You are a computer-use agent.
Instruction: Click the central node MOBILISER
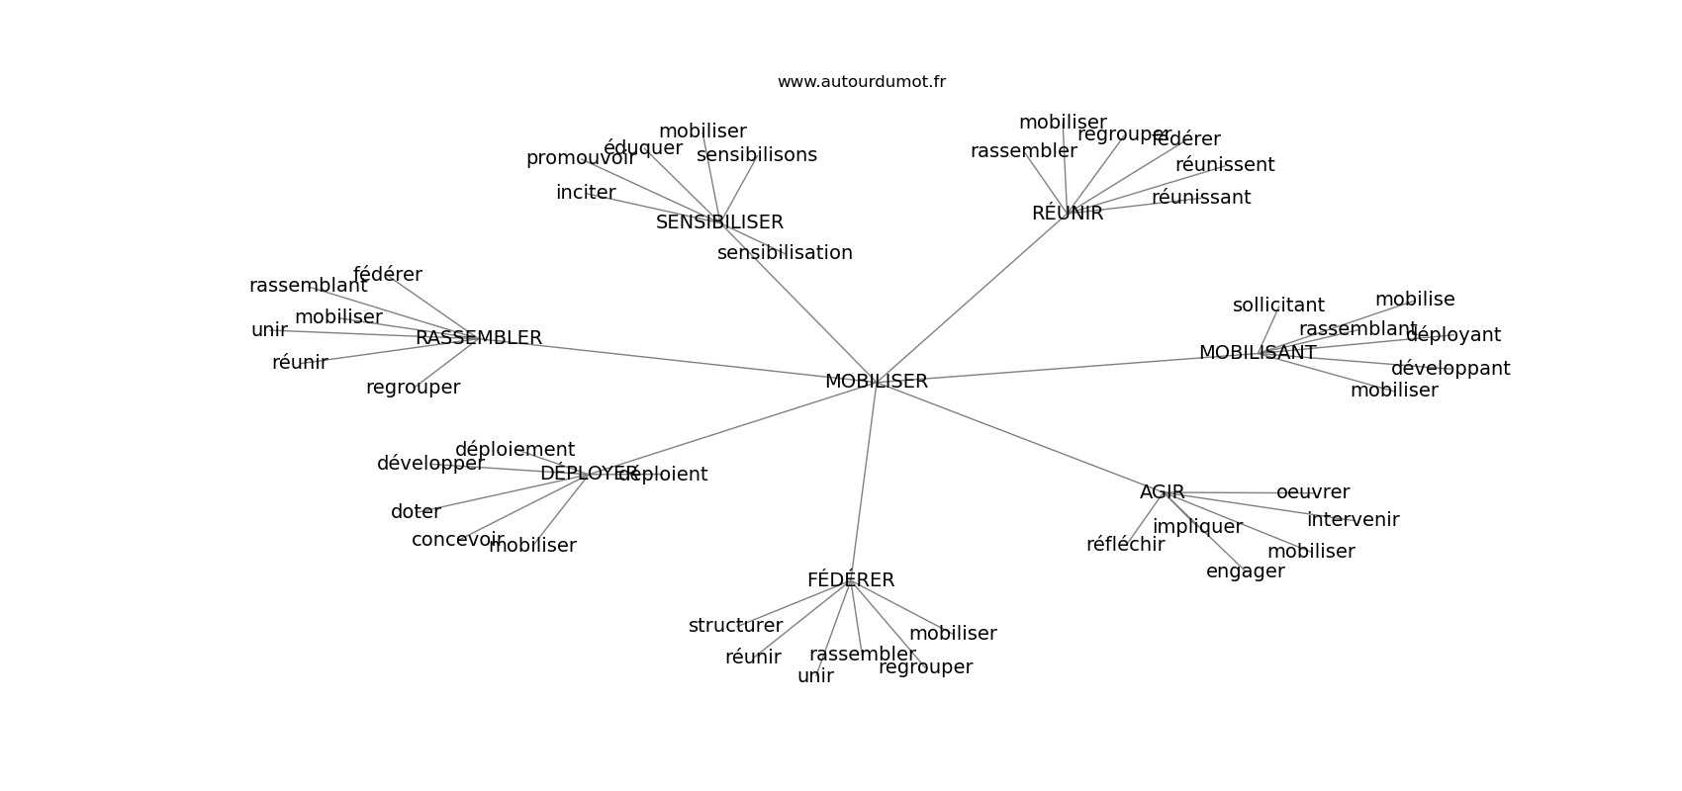(876, 382)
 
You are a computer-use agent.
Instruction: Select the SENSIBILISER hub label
(719, 222)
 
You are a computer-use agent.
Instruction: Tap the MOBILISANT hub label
(1257, 353)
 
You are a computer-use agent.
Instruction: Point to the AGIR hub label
(1162, 492)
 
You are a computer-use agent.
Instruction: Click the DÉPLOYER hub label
(588, 474)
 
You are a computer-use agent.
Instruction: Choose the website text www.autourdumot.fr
(861, 82)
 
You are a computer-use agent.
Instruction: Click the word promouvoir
(580, 158)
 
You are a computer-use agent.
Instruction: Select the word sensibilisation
(785, 253)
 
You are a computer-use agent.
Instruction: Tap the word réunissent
(1224, 165)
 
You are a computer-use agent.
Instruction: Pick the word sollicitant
(1277, 306)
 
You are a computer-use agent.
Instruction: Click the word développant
(1449, 369)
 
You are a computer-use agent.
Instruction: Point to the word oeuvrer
(1312, 492)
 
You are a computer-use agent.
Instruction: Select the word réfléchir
(1125, 545)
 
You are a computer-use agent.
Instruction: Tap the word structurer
(735, 626)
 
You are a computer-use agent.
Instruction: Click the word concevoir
(457, 540)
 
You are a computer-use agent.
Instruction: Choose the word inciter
(586, 193)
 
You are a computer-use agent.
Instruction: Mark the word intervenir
(1353, 520)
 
